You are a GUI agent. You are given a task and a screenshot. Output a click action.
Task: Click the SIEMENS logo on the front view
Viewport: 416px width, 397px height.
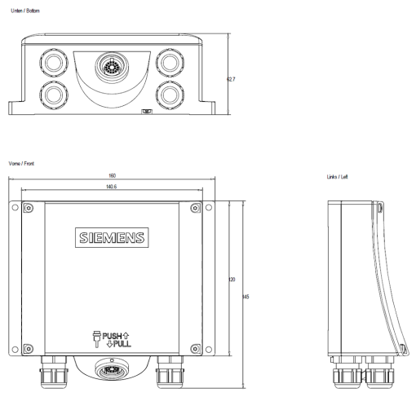coord(113,238)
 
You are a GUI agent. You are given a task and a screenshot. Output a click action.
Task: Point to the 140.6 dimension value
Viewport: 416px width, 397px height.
coord(113,187)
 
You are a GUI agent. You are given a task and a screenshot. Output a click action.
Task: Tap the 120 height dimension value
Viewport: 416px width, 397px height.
coord(232,280)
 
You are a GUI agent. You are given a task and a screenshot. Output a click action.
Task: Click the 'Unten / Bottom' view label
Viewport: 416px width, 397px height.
coord(20,10)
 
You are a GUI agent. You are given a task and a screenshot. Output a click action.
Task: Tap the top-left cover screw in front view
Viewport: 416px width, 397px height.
coord(29,208)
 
